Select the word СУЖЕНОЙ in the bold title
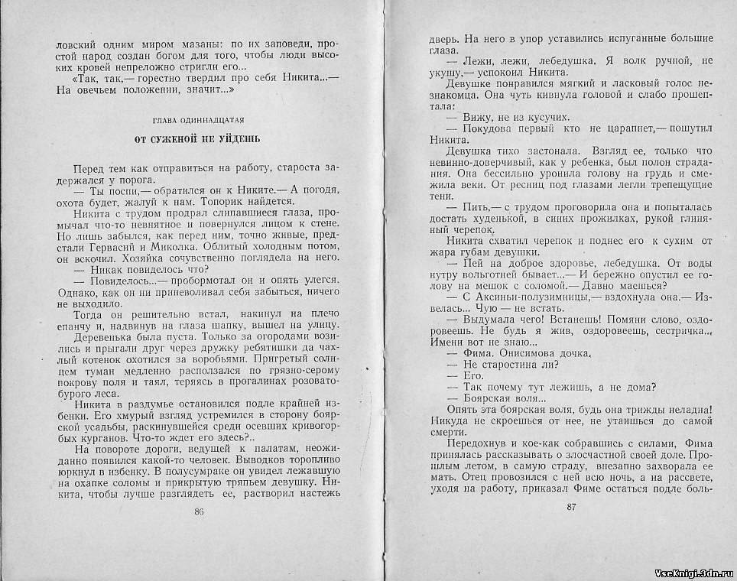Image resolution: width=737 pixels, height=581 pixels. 180,140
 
